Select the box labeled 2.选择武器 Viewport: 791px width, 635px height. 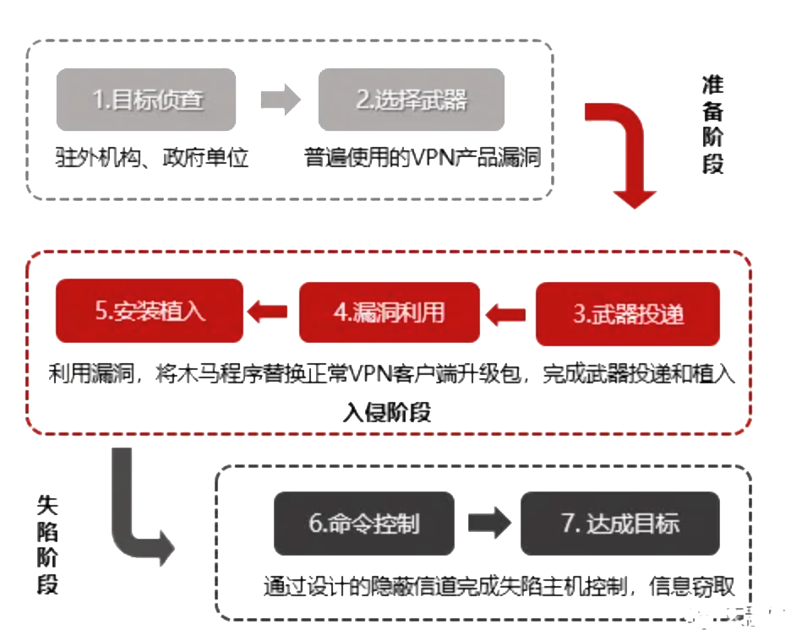click(412, 100)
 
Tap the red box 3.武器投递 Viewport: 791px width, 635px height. click(628, 314)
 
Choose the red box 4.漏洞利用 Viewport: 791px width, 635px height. click(390, 313)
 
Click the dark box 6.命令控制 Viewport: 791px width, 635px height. click(363, 523)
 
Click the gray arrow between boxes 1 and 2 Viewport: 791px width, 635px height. click(281, 101)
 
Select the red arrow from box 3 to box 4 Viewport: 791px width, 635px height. click(507, 314)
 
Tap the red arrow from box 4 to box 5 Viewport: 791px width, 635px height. click(271, 313)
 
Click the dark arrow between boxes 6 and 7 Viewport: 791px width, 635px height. click(488, 524)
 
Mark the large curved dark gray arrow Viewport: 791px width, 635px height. click(135, 515)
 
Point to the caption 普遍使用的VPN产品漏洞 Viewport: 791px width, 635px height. click(423, 157)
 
